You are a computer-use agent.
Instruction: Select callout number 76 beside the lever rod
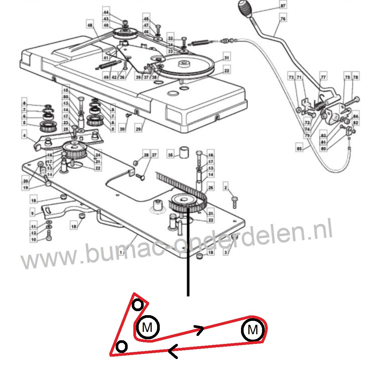[283, 19]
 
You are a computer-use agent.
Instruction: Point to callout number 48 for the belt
[90, 25]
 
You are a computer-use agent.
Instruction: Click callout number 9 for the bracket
[32, 213]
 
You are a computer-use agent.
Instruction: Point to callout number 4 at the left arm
[24, 136]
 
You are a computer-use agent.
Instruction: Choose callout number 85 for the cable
[299, 147]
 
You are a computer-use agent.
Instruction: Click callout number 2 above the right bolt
[226, 188]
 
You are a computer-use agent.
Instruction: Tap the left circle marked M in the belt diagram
[147, 327]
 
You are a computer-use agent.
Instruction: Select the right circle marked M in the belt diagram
[253, 330]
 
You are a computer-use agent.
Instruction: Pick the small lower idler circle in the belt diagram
[122, 347]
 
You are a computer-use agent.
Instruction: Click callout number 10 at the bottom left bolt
[33, 240]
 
